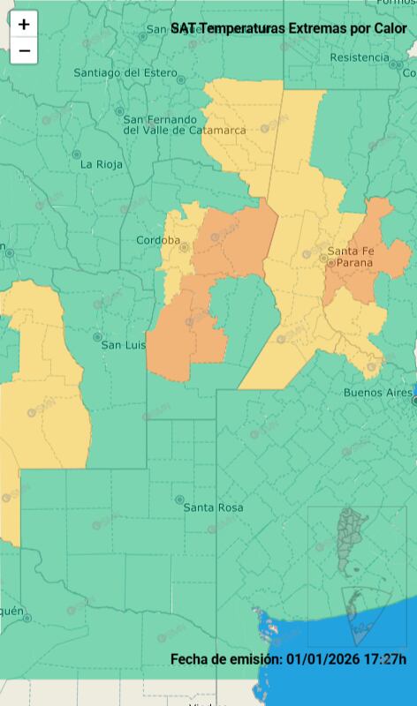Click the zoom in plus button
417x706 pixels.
pyautogui.click(x=24, y=25)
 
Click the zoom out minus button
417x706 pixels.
pyautogui.click(x=24, y=51)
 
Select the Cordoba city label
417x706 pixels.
pyautogui.click(x=158, y=240)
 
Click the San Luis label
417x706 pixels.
pyautogui.click(x=123, y=344)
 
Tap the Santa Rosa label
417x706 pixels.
pyautogui.click(x=213, y=507)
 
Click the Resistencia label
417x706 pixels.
pyautogui.click(x=359, y=57)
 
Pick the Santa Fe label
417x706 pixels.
pyautogui.click(x=351, y=252)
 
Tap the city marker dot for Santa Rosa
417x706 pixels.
pyautogui.click(x=179, y=499)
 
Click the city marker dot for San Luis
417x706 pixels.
pyautogui.click(x=97, y=337)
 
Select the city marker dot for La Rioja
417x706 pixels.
pyautogui.click(x=76, y=155)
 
